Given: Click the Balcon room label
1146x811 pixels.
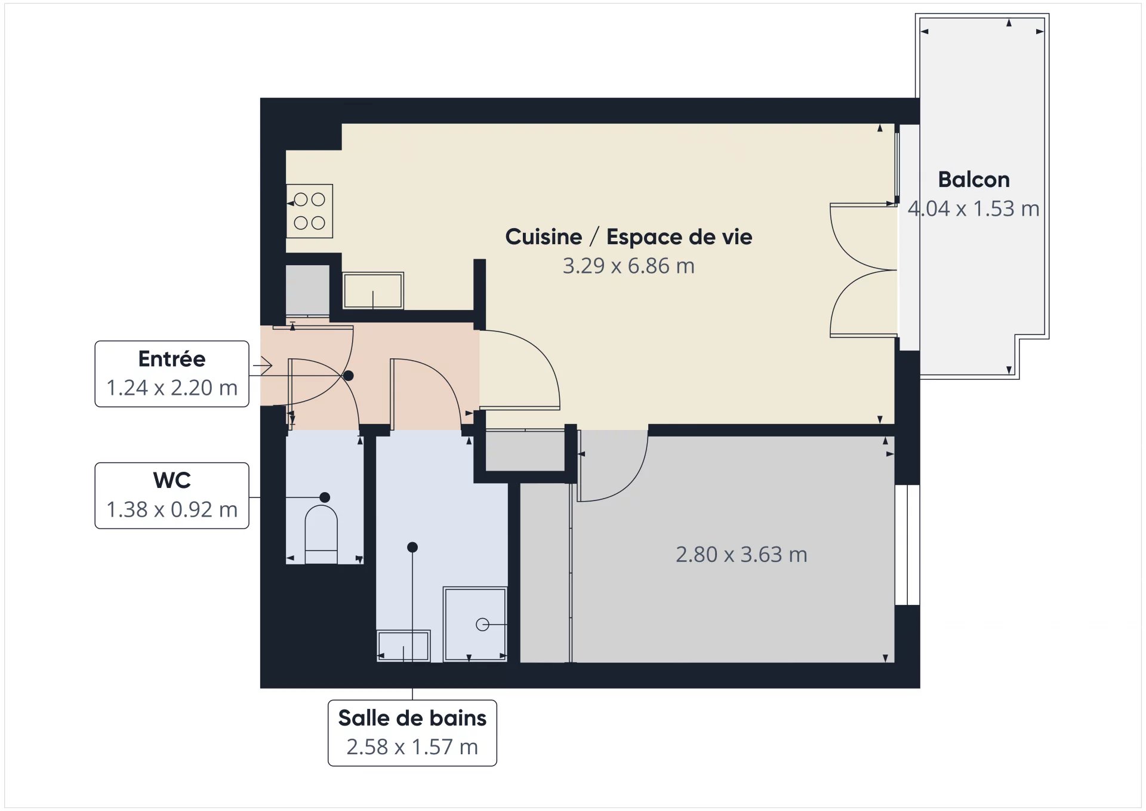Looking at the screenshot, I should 974,180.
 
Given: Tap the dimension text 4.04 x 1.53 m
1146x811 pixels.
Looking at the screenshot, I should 974,208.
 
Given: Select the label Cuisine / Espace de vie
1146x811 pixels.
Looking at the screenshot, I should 628,237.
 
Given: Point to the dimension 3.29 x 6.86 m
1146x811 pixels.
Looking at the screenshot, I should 628,266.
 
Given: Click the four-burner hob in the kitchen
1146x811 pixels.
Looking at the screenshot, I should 309,211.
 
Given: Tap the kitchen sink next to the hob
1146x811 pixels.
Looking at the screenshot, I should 373,291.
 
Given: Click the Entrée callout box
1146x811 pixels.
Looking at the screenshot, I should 172,374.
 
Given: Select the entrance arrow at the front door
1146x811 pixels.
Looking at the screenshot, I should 263,364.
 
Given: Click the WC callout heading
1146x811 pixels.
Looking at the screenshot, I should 172,480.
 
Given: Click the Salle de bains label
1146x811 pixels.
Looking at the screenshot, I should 412,718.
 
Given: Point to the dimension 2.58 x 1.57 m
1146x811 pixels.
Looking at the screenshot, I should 412,747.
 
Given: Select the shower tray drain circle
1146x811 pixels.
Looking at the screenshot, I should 482,625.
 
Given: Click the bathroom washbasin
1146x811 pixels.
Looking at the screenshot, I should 403,646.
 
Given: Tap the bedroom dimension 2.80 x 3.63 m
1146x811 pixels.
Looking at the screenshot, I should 741,555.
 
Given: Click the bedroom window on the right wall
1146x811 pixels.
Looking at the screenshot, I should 907,545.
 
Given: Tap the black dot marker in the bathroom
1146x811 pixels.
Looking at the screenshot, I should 412,547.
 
